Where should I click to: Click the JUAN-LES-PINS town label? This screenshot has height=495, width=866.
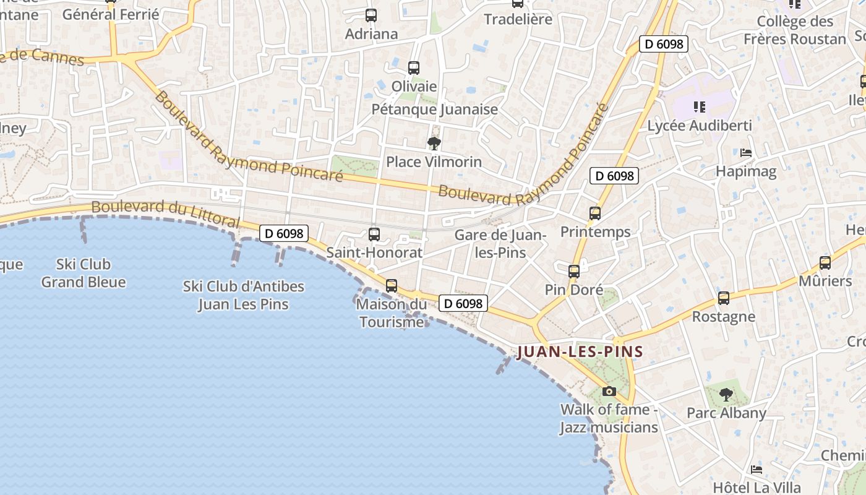click(x=580, y=352)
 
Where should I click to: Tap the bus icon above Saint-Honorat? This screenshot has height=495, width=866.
click(x=374, y=235)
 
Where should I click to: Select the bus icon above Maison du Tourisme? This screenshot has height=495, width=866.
click(x=392, y=286)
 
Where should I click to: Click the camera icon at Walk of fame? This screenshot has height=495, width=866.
click(x=609, y=391)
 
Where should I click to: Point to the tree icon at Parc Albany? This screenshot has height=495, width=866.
click(x=726, y=394)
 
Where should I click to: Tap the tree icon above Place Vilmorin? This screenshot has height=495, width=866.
click(x=434, y=144)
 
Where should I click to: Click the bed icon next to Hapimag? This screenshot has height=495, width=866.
click(x=746, y=153)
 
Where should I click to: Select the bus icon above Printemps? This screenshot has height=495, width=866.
click(x=595, y=213)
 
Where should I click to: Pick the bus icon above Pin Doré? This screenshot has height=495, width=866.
click(x=574, y=271)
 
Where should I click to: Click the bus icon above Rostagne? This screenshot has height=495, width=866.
click(x=724, y=298)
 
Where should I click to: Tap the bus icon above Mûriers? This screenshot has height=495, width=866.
click(x=825, y=263)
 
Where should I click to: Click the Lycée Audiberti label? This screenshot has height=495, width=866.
click(x=700, y=126)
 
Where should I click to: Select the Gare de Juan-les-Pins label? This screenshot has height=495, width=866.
click(x=500, y=244)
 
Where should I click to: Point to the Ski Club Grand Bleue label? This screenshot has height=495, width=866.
click(x=84, y=273)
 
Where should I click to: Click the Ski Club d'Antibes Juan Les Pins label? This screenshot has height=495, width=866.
click(x=244, y=295)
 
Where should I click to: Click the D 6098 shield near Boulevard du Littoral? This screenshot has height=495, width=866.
click(x=283, y=233)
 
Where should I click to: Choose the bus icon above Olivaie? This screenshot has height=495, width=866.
click(x=414, y=68)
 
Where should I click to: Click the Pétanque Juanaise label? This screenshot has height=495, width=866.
click(x=434, y=110)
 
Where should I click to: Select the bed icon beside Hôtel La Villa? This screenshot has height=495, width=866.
click(x=756, y=470)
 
